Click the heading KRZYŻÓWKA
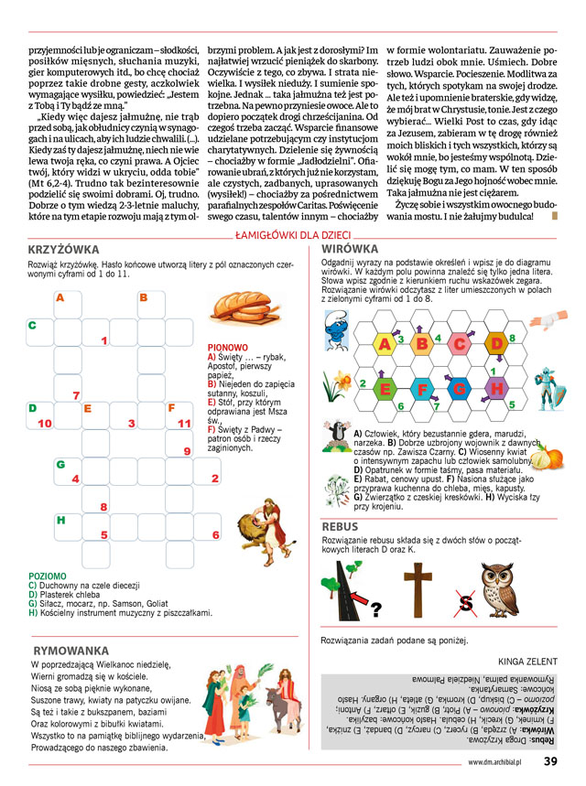[x=65, y=249]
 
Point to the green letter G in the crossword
[x=60, y=464]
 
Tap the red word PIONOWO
[x=228, y=348]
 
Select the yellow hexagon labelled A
[x=385, y=343]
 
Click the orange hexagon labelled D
[x=496, y=343]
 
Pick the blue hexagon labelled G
[x=459, y=387]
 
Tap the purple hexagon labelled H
[x=496, y=387]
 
